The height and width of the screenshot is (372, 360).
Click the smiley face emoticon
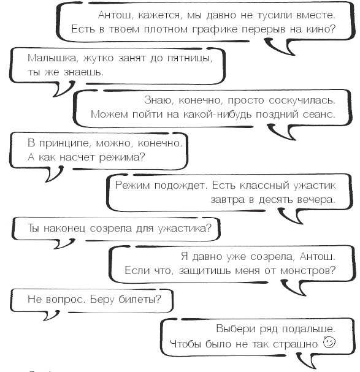(x=329, y=343)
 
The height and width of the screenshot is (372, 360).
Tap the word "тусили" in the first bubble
(x=274, y=15)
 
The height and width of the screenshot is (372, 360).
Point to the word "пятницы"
(x=190, y=58)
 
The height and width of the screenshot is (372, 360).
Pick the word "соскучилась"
(x=302, y=101)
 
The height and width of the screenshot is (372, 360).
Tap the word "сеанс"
(x=318, y=115)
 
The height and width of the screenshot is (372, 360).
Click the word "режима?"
(x=122, y=158)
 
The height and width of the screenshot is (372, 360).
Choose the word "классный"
(x=264, y=186)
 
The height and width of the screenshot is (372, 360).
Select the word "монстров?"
(x=308, y=271)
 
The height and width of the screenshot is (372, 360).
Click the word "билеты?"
(x=140, y=300)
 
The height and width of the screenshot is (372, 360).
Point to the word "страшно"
(x=296, y=344)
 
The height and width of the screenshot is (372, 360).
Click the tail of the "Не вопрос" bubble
(x=51, y=316)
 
